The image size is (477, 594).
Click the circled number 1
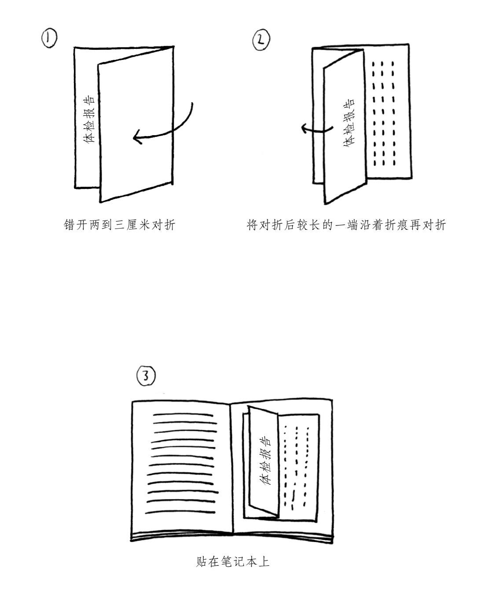(x=49, y=39)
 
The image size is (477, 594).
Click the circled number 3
(x=146, y=376)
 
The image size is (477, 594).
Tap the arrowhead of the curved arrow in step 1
(x=138, y=137)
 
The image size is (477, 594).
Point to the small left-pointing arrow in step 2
(x=317, y=129)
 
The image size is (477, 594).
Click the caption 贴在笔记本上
(x=233, y=561)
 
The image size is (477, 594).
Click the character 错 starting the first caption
(x=69, y=225)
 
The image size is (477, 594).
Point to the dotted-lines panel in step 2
(x=387, y=113)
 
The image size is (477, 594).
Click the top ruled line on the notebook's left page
(x=183, y=415)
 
